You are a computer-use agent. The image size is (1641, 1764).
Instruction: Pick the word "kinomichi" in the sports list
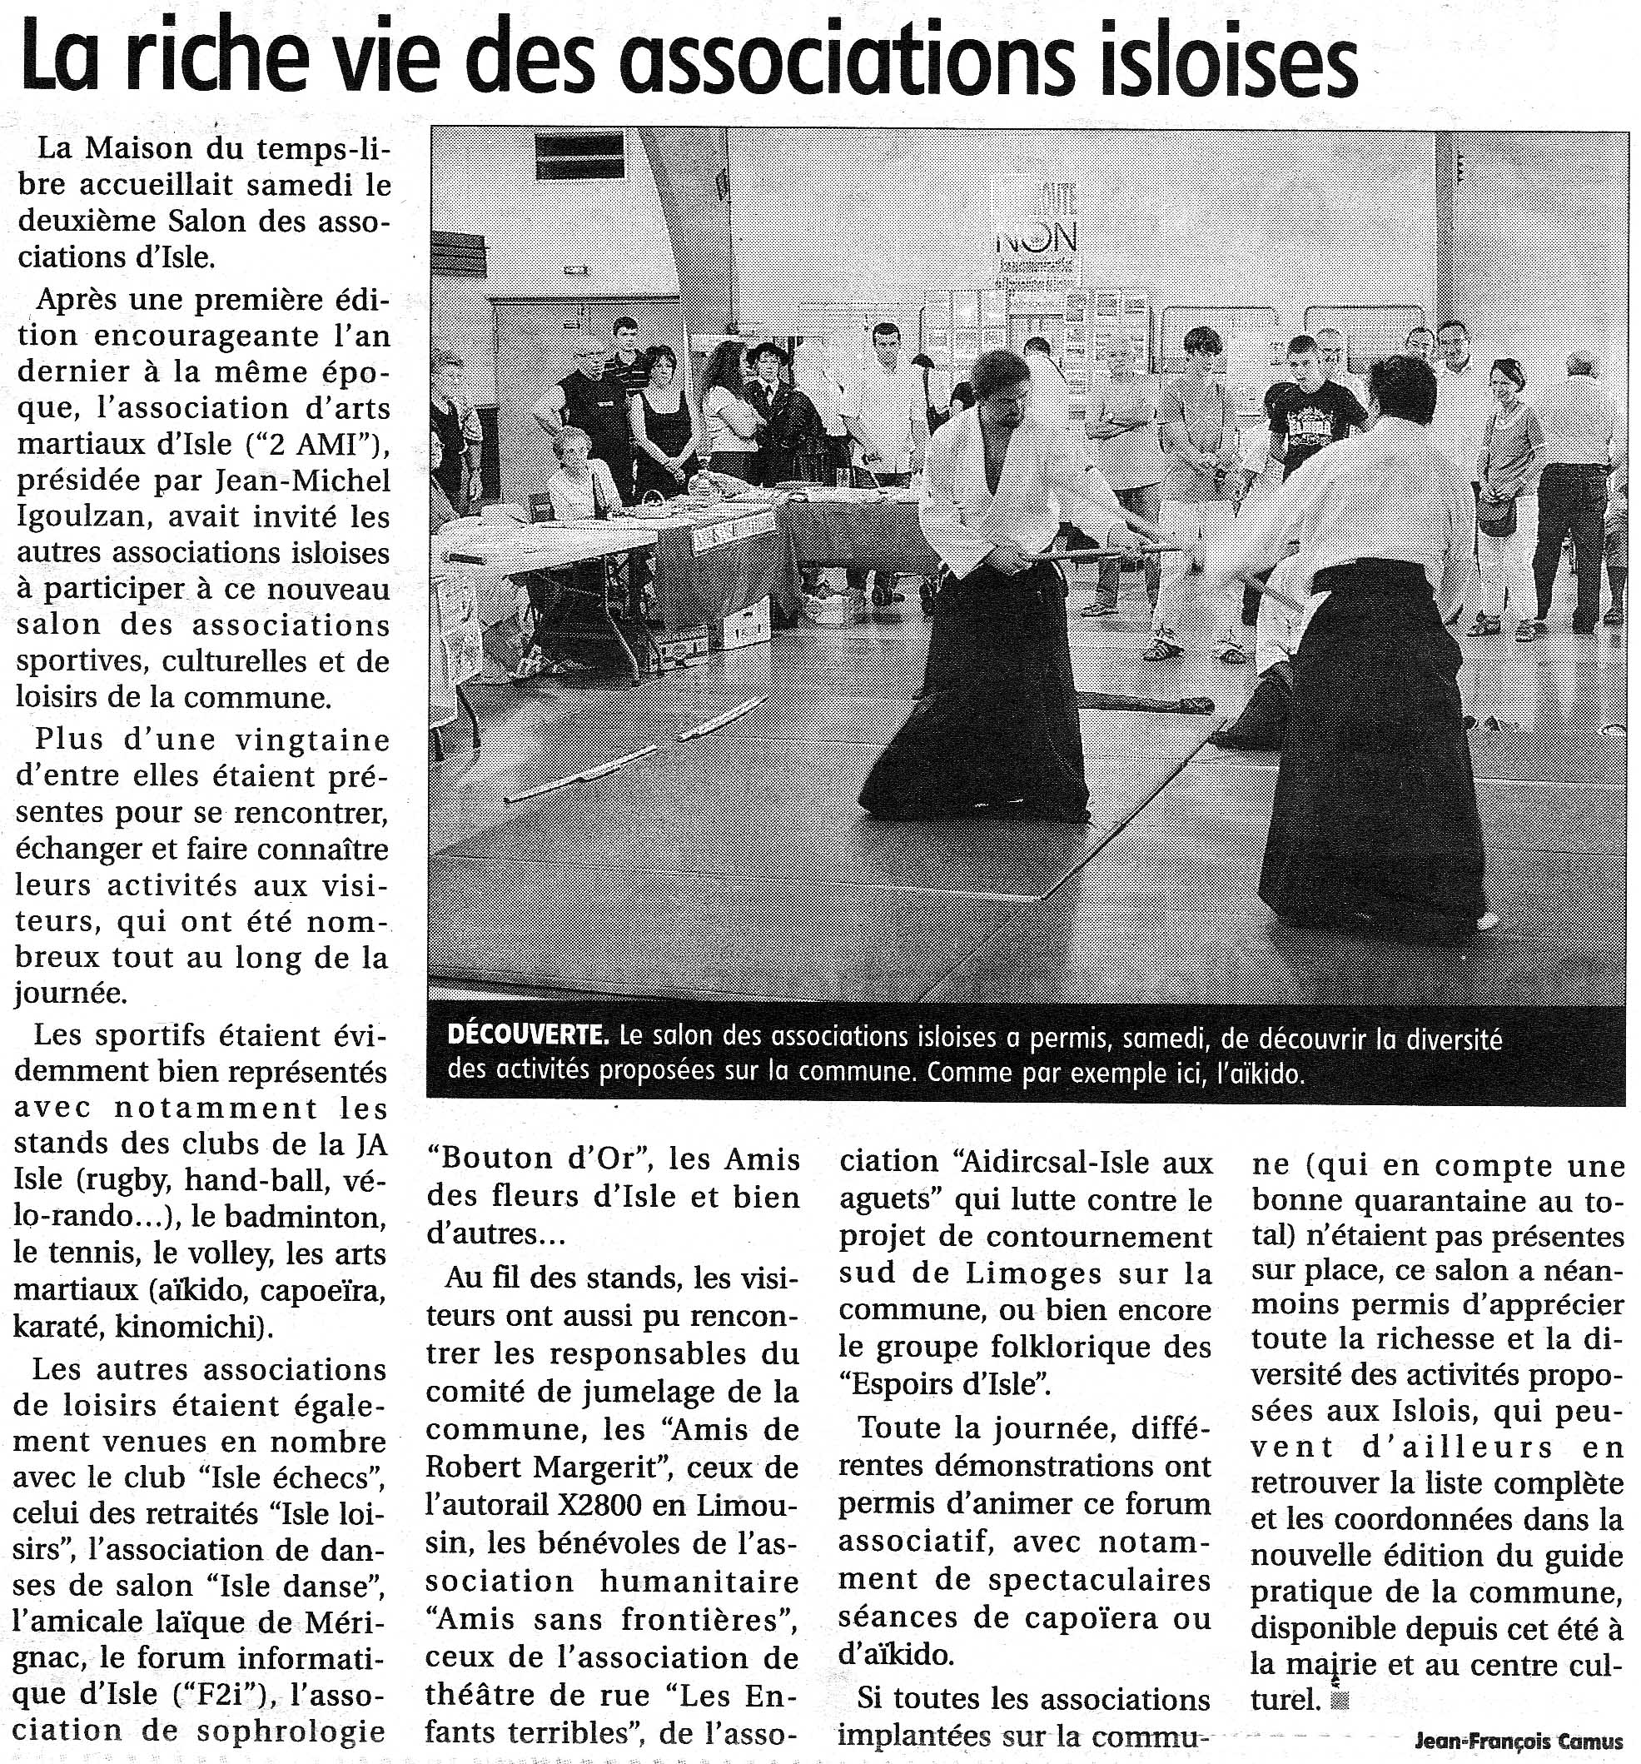186,1327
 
